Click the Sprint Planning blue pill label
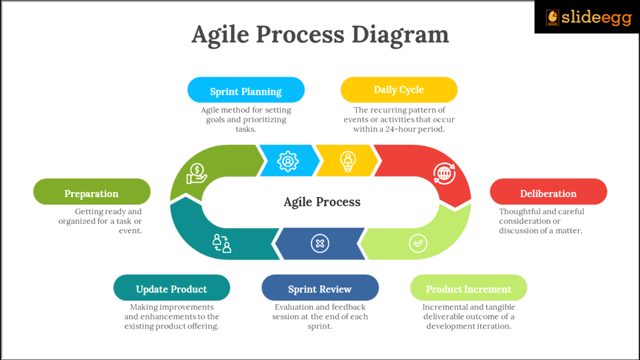point(245,90)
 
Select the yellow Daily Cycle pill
point(398,90)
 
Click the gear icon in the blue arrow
point(287,161)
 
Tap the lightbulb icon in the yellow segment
point(347,161)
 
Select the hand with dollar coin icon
point(196,173)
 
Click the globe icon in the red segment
point(444,173)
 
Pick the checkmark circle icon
point(417,243)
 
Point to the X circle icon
point(320,243)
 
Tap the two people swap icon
point(221,243)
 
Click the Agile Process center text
point(322,202)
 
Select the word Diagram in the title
point(400,35)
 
